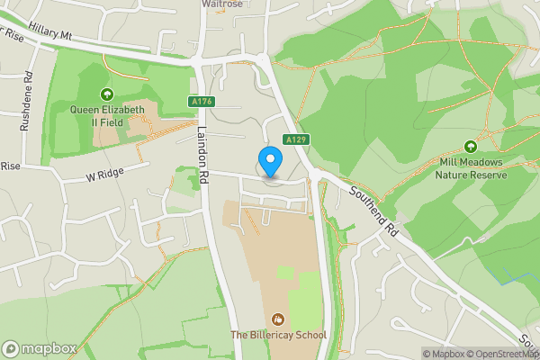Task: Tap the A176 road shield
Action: [202, 103]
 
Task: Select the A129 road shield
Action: [297, 139]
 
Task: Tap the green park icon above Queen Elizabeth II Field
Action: [107, 94]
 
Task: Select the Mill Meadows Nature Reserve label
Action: [471, 168]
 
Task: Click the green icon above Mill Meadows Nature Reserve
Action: [470, 147]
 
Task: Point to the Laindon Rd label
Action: [204, 153]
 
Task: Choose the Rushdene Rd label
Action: [28, 102]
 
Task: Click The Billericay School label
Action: [278, 336]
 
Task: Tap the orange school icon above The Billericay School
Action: [278, 319]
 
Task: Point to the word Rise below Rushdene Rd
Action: [9, 166]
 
